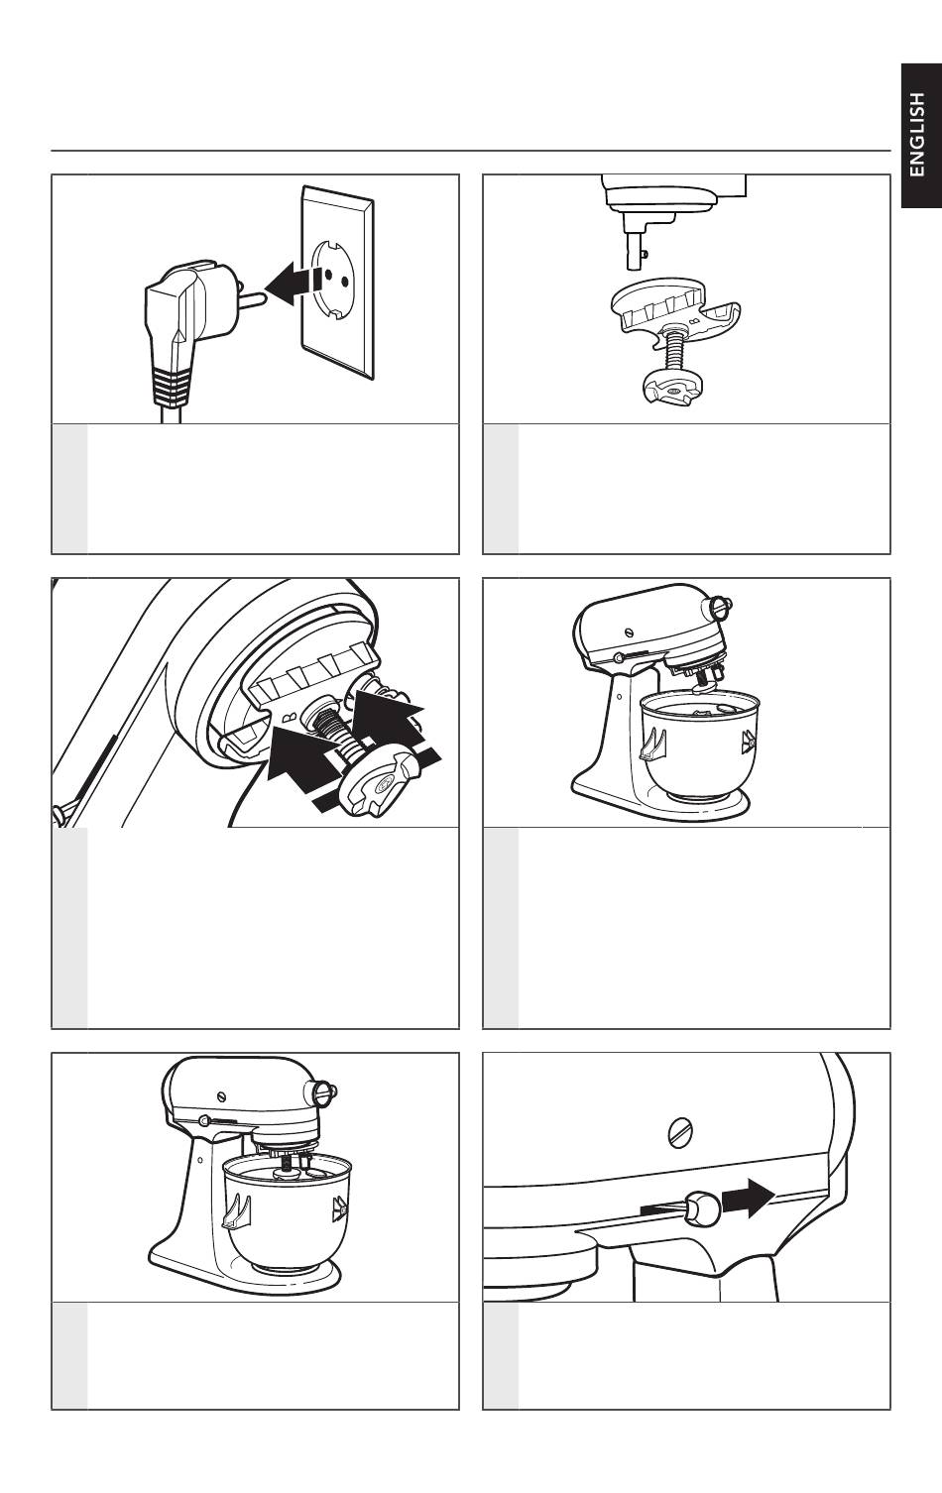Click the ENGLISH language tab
(920, 135)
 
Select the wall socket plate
(337, 283)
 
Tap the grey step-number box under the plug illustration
(69, 489)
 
